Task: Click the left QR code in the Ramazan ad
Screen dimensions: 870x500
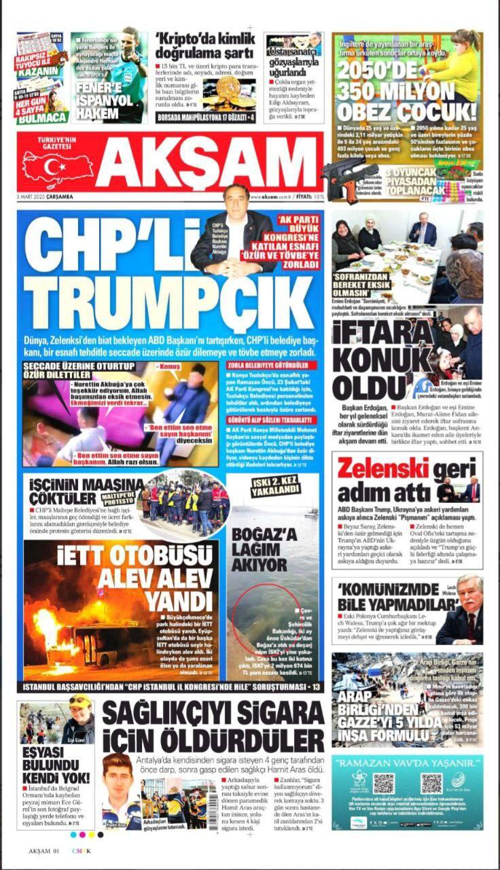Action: [x=383, y=783]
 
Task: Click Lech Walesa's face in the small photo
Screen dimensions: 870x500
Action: [x=468, y=593]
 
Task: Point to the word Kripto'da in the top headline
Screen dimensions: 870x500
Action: [x=183, y=37]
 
